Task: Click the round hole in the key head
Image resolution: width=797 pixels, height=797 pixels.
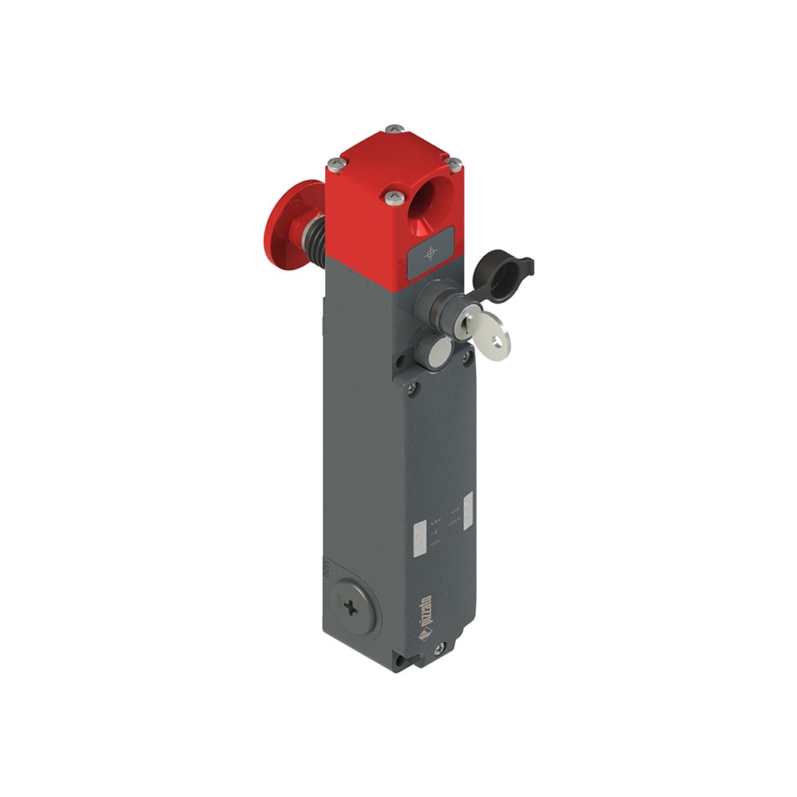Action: pos(498,340)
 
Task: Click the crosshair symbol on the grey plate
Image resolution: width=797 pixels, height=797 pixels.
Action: pos(431,253)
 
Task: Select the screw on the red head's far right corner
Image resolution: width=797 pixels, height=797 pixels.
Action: pos(454,164)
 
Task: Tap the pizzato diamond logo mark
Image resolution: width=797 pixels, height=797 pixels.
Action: pos(426,636)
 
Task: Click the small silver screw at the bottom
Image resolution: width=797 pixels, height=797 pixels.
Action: pos(436,651)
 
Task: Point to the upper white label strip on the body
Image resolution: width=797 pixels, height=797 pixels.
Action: pos(468,507)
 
